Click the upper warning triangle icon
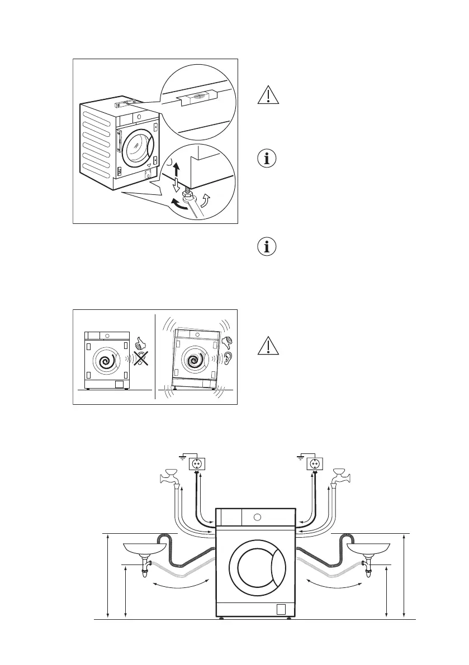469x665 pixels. pyautogui.click(x=268, y=95)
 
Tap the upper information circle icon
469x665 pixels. pyautogui.click(x=268, y=158)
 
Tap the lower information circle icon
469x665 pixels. pyautogui.click(x=268, y=246)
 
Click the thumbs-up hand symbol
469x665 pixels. pyautogui.click(x=140, y=342)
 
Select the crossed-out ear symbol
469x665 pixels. pyautogui.click(x=140, y=359)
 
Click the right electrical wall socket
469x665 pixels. pyautogui.click(x=314, y=463)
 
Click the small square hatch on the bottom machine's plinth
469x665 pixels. pyautogui.click(x=282, y=609)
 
